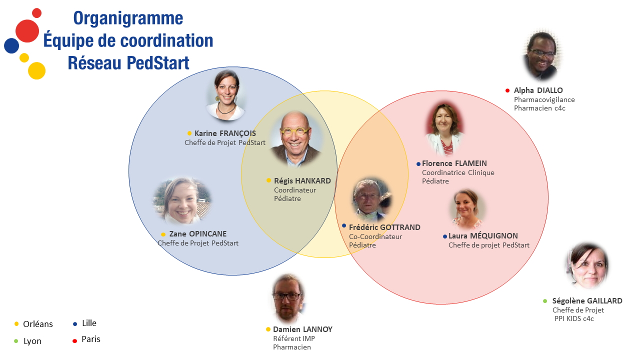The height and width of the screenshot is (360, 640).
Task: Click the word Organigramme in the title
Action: [128, 18]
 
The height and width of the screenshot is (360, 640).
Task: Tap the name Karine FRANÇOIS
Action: [225, 133]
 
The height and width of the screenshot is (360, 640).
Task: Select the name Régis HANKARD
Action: [302, 181]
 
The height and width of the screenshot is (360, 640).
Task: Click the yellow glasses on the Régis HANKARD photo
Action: [294, 131]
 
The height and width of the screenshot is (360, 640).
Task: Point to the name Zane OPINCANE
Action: [197, 234]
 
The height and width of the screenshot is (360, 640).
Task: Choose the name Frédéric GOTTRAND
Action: [384, 227]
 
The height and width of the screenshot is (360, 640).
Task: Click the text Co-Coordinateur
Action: [375, 236]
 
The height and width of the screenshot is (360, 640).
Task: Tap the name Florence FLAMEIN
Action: [454, 163]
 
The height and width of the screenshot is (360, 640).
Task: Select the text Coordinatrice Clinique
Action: [458, 172]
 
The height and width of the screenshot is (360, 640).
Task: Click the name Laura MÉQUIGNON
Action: [483, 236]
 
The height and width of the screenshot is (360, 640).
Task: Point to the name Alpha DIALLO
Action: [538, 90]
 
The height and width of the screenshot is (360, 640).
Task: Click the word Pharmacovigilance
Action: [544, 99]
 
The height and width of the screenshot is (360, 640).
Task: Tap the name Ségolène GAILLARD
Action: [587, 301]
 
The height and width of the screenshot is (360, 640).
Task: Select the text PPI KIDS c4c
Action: [574, 318]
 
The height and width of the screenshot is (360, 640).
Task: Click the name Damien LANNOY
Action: [302, 329]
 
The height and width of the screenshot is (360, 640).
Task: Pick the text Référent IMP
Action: [294, 338]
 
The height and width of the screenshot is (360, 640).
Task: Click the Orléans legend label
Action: [38, 324]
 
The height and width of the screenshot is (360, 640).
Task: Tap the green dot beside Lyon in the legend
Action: [16, 341]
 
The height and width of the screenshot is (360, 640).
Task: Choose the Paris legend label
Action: [91, 339]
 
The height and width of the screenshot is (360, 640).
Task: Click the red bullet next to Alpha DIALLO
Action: [507, 90]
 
